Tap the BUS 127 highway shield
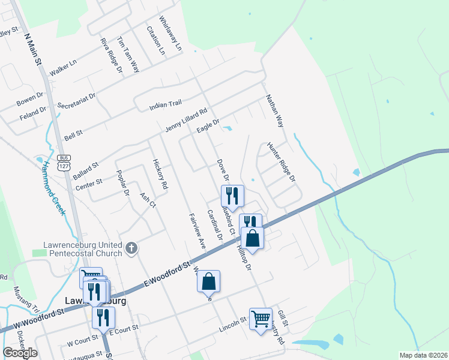(x=64, y=161)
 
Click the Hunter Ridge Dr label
(x=282, y=162)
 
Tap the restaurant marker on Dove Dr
(x=232, y=195)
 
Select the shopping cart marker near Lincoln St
(x=261, y=319)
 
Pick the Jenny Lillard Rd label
(x=185, y=121)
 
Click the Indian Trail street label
(x=165, y=105)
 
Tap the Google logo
(x=20, y=353)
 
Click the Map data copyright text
(x=423, y=355)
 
